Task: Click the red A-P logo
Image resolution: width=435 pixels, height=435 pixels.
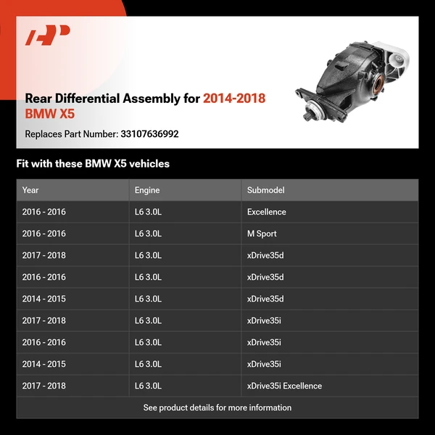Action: pos(47,36)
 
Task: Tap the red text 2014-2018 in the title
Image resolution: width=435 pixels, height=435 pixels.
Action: pos(234,99)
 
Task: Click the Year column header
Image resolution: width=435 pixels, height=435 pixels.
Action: pos(30,190)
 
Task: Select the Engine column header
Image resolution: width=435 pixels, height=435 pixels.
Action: pos(147,190)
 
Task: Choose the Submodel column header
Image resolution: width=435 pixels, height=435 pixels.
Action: pos(265,190)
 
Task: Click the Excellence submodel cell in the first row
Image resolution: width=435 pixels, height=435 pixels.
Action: pos(266,212)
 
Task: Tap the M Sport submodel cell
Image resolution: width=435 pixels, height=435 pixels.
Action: pos(262,233)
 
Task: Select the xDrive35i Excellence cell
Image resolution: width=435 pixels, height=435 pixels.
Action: pos(284,386)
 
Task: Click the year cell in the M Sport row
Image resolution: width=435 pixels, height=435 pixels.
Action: pos(43,233)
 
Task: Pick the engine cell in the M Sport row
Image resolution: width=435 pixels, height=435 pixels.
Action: pos(148,233)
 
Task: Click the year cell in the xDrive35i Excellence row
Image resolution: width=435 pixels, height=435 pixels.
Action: pos(43,386)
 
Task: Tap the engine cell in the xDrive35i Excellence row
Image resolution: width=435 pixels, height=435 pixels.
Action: pos(148,386)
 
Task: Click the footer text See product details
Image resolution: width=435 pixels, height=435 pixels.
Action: pos(217,407)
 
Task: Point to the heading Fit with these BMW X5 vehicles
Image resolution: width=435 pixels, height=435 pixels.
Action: pos(93,164)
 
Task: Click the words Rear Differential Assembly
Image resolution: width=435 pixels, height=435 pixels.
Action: pos(112,99)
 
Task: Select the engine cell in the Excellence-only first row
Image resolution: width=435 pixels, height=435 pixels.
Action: pos(148,212)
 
